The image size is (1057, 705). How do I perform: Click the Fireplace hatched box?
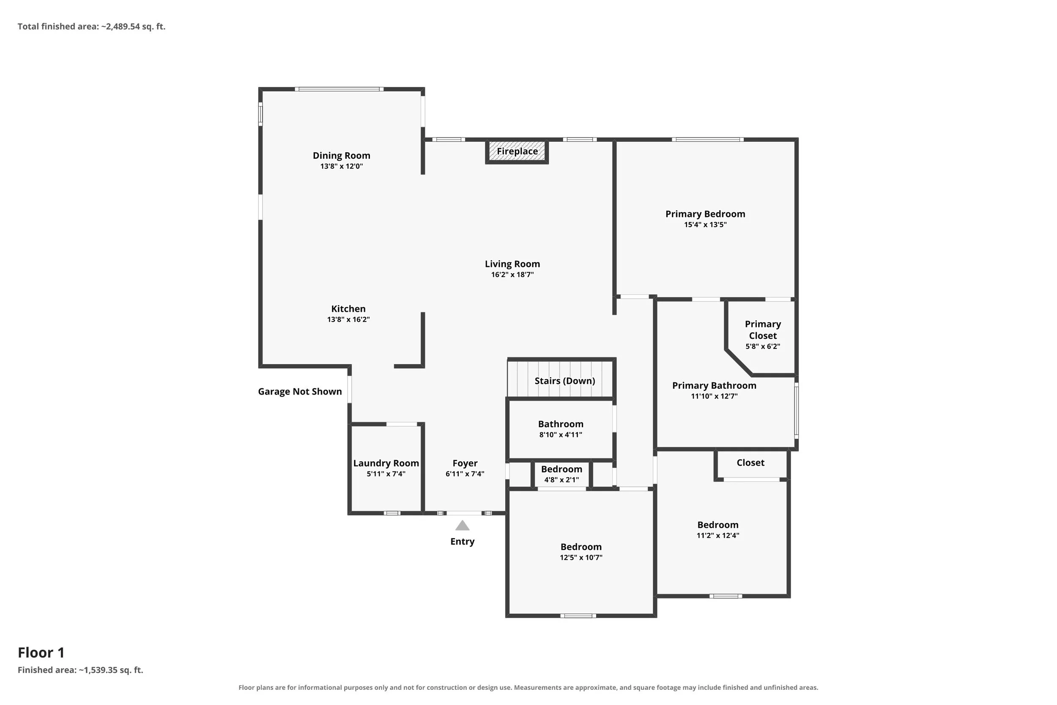pos(517,151)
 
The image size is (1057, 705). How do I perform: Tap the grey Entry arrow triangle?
pos(463,525)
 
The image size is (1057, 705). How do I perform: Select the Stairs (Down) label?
pos(565,381)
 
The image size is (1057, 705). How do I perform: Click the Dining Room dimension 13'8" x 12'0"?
pos(342,166)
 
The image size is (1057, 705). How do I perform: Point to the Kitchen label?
pos(348,309)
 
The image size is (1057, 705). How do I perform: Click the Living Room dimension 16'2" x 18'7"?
pos(512,275)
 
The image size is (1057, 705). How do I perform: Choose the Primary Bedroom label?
pos(705,214)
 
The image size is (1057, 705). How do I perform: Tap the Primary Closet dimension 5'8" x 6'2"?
pos(763,347)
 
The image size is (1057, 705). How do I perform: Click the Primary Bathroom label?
pos(714,385)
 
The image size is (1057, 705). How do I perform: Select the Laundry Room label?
pos(386,463)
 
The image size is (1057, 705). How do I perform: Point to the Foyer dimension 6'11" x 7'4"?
pos(465,474)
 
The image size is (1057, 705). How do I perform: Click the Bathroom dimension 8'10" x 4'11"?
pos(561,435)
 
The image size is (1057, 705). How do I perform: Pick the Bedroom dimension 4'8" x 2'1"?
pos(561,480)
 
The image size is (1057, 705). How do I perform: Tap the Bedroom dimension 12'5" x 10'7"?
pos(581,557)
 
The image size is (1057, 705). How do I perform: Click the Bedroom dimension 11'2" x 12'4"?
pos(717,535)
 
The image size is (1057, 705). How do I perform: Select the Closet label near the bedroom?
pos(750,463)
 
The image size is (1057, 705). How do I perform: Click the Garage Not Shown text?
pos(300,392)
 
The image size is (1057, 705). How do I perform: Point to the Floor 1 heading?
pos(41,653)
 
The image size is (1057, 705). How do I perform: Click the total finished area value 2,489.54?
pos(123,27)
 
